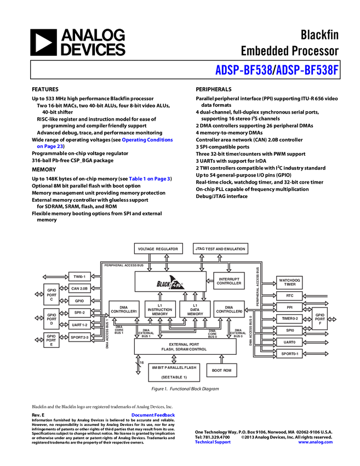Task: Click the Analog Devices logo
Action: click(77, 43)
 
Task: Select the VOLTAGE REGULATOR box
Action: click(158, 249)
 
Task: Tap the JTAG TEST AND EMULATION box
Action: click(220, 249)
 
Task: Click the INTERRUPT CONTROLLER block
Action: click(228, 281)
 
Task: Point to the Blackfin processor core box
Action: click(170, 282)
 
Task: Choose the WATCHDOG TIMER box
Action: click(289, 282)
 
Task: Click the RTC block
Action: click(289, 296)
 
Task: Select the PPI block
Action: click(289, 308)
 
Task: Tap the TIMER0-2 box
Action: click(289, 319)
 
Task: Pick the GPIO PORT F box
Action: click(319, 318)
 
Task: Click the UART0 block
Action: click(289, 342)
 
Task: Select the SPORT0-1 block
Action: click(289, 354)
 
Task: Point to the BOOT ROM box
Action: click(222, 371)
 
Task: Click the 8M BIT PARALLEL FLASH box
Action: click(174, 372)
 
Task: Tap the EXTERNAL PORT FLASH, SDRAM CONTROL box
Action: click(185, 346)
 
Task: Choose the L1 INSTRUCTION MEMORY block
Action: click(160, 309)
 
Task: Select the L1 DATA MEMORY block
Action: click(195, 309)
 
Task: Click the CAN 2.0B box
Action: click(79, 288)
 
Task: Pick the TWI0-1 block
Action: click(79, 276)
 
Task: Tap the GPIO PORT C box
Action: click(52, 294)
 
